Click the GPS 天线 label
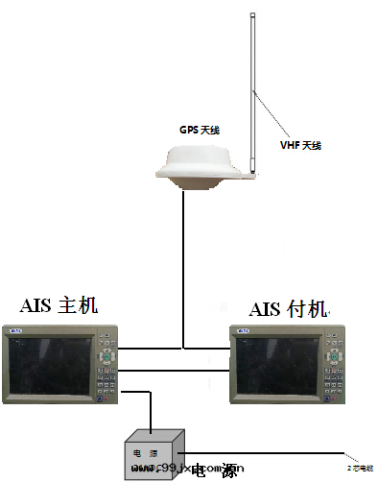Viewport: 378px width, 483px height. pyautogui.click(x=200, y=129)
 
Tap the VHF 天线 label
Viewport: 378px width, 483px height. pyautogui.click(x=300, y=145)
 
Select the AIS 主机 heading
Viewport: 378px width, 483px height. pyautogui.click(x=59, y=307)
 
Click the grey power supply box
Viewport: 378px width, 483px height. pyautogui.click(x=154, y=451)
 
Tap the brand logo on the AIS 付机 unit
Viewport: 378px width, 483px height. pyautogui.click(x=244, y=333)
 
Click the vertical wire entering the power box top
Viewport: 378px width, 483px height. pyautogui.click(x=149, y=413)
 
